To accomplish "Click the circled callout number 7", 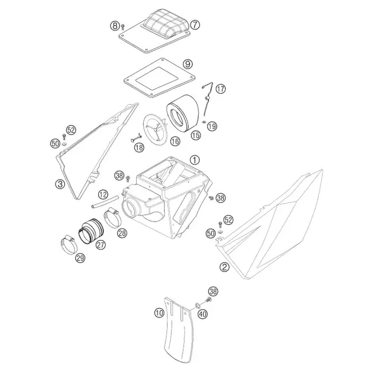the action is (195, 25).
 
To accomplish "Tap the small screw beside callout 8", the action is (123, 27).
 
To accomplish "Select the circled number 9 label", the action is (188, 64).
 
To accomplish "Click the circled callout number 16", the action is (175, 142).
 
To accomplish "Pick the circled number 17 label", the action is (221, 89).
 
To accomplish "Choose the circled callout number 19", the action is (212, 126).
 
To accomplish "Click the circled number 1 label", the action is (195, 160).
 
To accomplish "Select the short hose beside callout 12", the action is (105, 201).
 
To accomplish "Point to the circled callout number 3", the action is (60, 184).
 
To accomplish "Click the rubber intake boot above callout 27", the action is (91, 231).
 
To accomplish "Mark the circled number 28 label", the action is (122, 233).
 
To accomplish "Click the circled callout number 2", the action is (224, 267).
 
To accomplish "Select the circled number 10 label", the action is (159, 313).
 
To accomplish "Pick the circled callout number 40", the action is (202, 315).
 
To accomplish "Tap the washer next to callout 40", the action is (197, 305).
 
